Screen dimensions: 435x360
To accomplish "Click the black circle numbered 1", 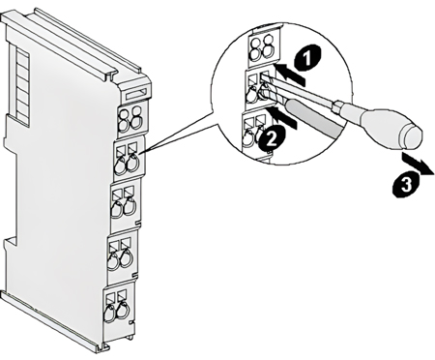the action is (x=307, y=58).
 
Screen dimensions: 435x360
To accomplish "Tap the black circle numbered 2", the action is (x=271, y=138).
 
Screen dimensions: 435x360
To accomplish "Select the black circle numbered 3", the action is (x=406, y=185).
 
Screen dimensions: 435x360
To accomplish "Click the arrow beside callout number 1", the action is (x=291, y=75).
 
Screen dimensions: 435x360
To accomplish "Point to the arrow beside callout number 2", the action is (x=284, y=118).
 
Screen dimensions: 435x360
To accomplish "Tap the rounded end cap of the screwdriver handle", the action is (x=410, y=138).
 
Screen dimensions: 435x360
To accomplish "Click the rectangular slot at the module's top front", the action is (x=138, y=95).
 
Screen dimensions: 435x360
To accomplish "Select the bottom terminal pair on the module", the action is (x=117, y=305).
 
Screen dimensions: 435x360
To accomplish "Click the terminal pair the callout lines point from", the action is (x=128, y=159).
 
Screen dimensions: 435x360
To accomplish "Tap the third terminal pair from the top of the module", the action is (x=124, y=201).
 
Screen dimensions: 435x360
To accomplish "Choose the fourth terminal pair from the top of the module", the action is (x=120, y=254).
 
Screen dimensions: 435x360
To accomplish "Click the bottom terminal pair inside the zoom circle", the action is (x=254, y=133).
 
